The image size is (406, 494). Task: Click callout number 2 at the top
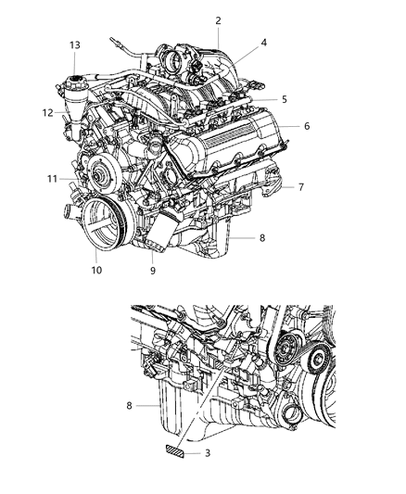point(219,21)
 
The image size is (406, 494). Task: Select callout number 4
point(263,42)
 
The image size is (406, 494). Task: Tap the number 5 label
point(285,99)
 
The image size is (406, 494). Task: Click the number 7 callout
point(301,187)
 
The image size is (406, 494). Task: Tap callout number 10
point(96,271)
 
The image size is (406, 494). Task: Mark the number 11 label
point(52,177)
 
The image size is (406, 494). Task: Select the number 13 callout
point(74,44)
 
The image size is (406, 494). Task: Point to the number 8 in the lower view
point(142,405)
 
